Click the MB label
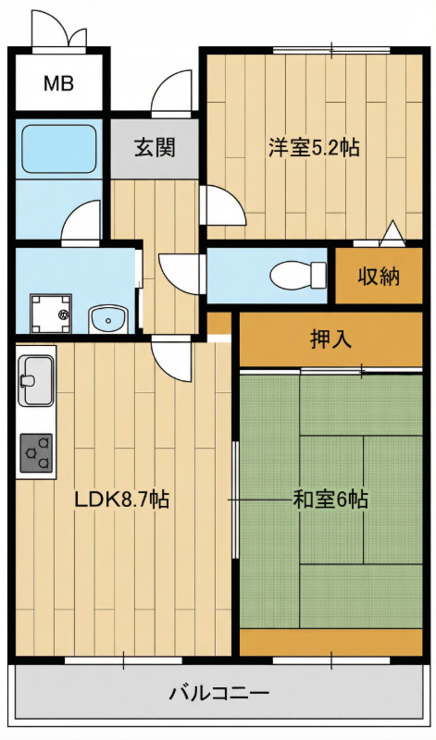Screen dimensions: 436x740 coord(59,83)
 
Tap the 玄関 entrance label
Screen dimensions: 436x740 coord(155,147)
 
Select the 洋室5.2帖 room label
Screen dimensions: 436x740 coord(314,147)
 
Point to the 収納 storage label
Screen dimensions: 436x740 coord(379,276)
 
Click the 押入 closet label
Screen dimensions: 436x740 coord(330,339)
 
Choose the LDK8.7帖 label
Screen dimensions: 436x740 coord(122,499)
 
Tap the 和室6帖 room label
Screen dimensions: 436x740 coord(330,499)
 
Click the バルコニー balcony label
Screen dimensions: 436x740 coord(219,693)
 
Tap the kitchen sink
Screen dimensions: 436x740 coord(35,380)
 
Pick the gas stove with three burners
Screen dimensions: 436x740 coord(36,453)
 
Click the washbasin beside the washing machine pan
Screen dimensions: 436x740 coord(108,319)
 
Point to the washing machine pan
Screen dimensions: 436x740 coord(51,314)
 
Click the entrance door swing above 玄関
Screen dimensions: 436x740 coord(172,92)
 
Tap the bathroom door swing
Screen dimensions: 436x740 coord(81,221)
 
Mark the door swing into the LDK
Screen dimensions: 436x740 coord(172,360)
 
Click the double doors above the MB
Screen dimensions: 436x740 coord(59,30)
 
